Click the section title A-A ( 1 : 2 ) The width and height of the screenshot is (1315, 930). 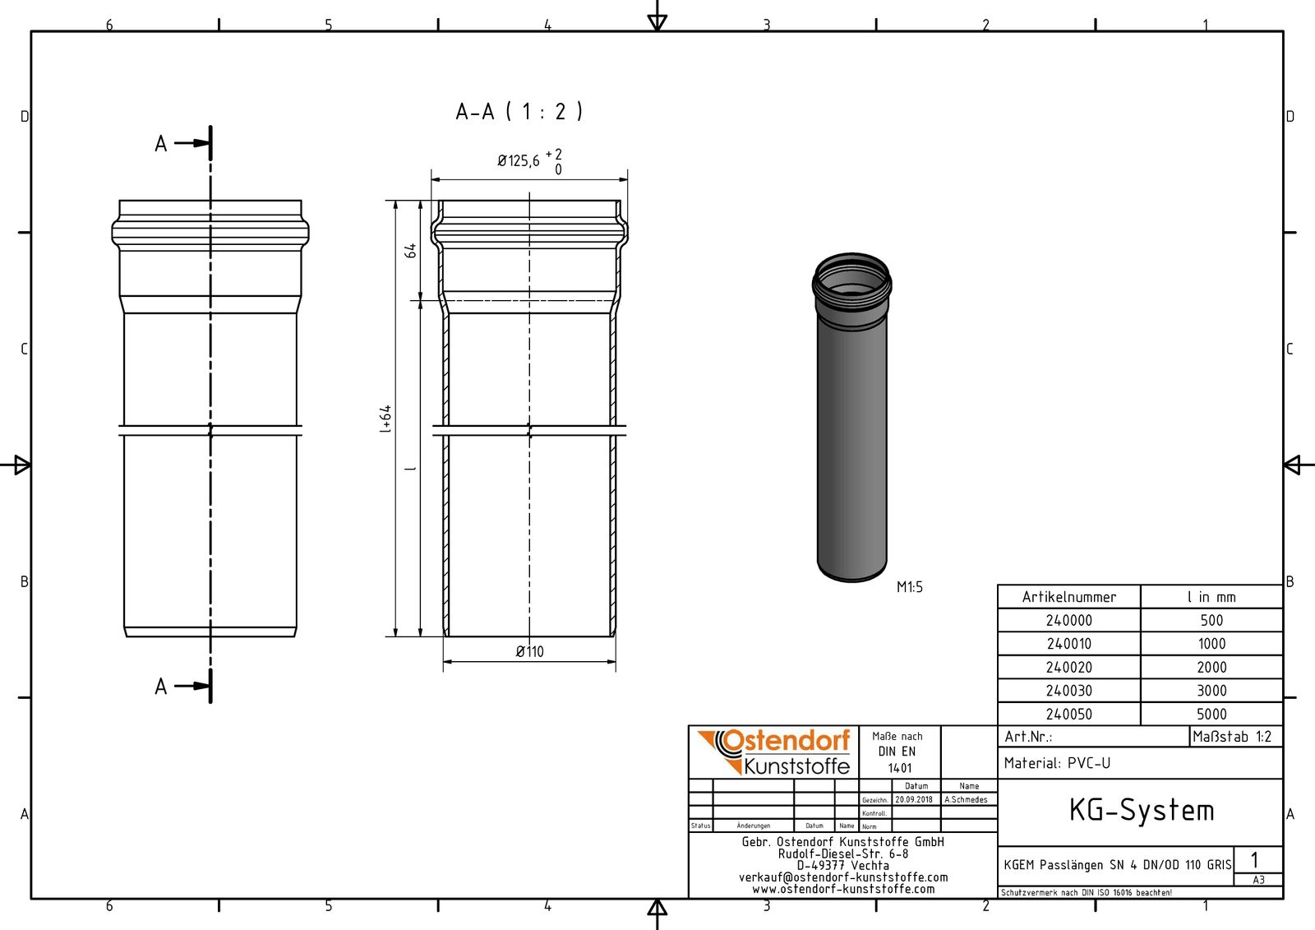[519, 111]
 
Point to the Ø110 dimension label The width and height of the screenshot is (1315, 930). [529, 652]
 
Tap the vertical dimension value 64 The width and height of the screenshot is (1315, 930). [410, 250]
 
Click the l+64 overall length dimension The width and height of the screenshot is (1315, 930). [385, 419]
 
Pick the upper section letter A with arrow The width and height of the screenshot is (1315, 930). [173, 144]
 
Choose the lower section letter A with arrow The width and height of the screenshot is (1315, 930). [173, 687]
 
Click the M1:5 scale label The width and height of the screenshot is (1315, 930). [909, 587]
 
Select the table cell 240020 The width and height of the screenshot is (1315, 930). [1068, 668]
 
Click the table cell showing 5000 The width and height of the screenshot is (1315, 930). [1211, 715]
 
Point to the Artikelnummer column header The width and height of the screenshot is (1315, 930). [1068, 597]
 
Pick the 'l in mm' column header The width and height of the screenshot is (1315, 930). [1211, 597]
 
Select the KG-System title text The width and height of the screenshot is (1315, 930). [1141, 811]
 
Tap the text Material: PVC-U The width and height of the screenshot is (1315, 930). [1057, 763]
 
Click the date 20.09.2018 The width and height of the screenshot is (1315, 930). [913, 799]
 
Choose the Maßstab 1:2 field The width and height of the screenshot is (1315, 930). [1232, 737]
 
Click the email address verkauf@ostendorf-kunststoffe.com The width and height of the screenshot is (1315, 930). [842, 877]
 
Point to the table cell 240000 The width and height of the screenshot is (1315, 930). [1068, 621]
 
